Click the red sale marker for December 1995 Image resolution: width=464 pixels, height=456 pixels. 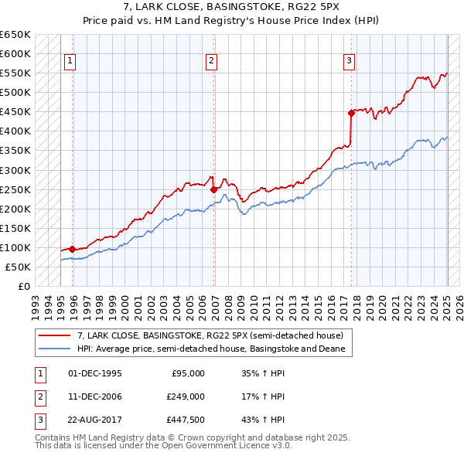[x=73, y=249]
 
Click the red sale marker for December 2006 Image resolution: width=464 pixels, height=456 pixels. [x=213, y=189]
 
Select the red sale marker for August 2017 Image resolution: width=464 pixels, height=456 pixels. [x=351, y=112]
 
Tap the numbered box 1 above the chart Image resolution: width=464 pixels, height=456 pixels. [x=70, y=61]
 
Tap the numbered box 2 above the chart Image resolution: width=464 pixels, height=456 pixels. [x=211, y=61]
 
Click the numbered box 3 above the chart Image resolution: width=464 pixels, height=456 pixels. [x=349, y=61]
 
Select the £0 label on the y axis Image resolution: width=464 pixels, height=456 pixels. [x=23, y=287]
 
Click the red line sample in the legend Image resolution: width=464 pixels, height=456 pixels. [x=54, y=335]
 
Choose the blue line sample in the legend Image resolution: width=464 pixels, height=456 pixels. [x=54, y=349]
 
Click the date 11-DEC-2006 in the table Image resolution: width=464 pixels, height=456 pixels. [x=95, y=396]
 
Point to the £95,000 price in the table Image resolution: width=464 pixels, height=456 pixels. [x=188, y=373]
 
